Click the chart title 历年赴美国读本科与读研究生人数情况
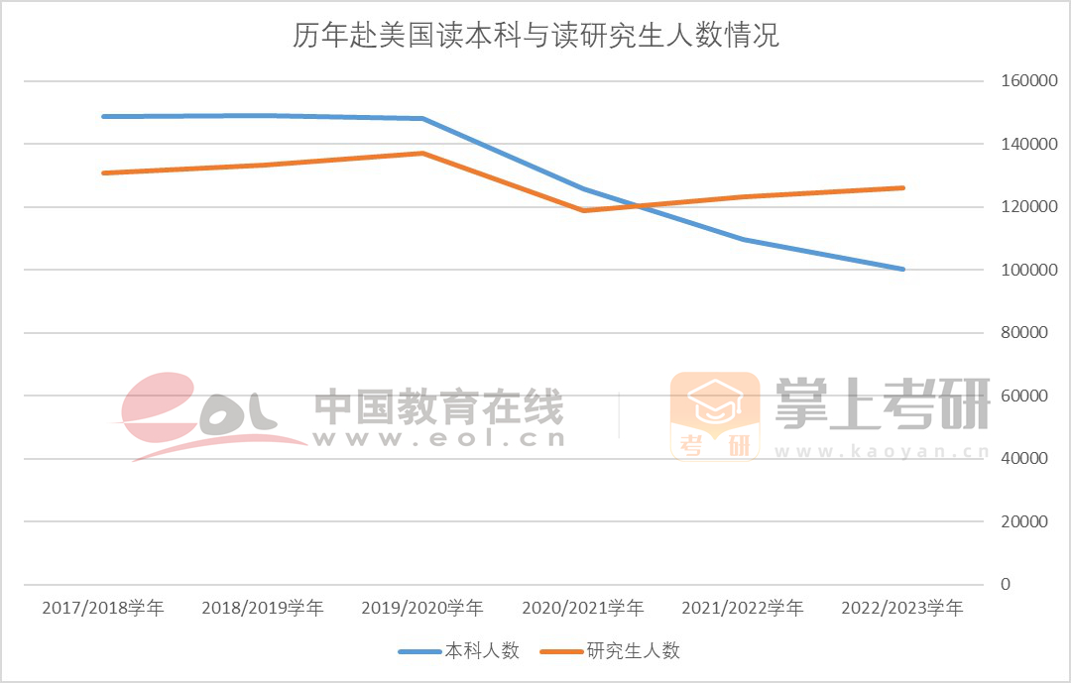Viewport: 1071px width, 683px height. click(x=535, y=37)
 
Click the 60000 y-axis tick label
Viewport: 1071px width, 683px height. click(x=1022, y=396)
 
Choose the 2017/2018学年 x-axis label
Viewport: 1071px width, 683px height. click(x=103, y=608)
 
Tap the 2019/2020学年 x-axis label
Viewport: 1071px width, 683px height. click(x=422, y=608)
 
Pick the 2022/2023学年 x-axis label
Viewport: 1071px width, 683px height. click(x=901, y=608)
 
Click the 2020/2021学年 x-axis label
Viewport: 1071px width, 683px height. click(x=582, y=608)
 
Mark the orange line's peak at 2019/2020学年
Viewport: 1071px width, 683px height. click(x=422, y=153)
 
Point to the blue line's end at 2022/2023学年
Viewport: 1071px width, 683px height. click(x=902, y=269)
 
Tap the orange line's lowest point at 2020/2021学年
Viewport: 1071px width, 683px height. click(x=583, y=210)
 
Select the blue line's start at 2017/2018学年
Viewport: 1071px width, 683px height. click(x=103, y=116)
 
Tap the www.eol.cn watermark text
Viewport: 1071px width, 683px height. click(x=438, y=437)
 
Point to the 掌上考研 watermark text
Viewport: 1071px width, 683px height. click(x=883, y=404)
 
